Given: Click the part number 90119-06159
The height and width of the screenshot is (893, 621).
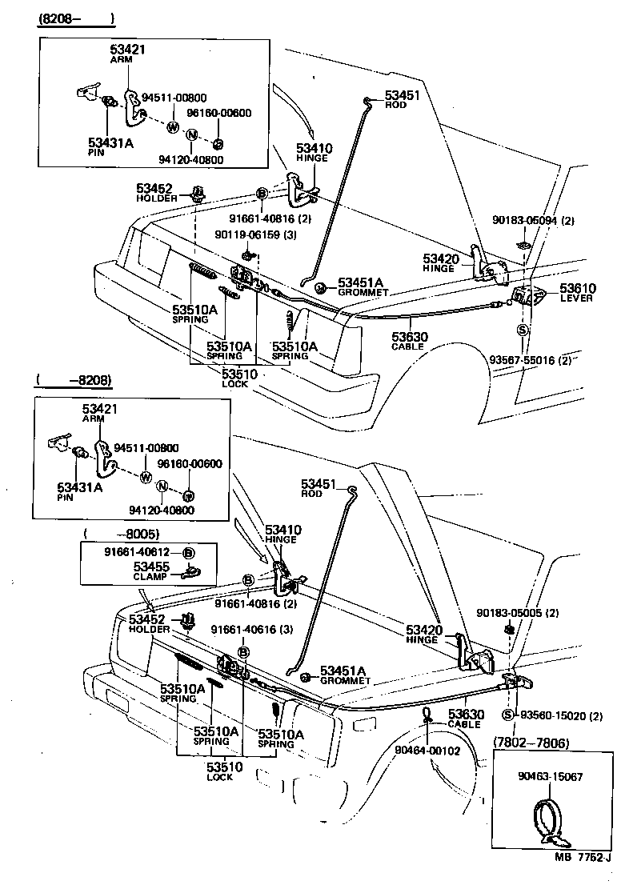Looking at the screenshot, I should pyautogui.click(x=246, y=234).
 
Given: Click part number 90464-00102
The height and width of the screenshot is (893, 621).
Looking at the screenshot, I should pyautogui.click(x=427, y=750).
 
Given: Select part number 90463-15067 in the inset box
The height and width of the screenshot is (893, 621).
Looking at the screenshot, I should pyautogui.click(x=550, y=775).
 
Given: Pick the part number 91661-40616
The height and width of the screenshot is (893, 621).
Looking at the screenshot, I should pyautogui.click(x=242, y=631).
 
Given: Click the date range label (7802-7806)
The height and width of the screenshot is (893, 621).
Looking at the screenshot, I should pyautogui.click(x=530, y=743).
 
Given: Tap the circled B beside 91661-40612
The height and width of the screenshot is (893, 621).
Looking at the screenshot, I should pyautogui.click(x=189, y=553).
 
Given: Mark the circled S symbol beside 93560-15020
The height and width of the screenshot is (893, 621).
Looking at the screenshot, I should pyautogui.click(x=507, y=715).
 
